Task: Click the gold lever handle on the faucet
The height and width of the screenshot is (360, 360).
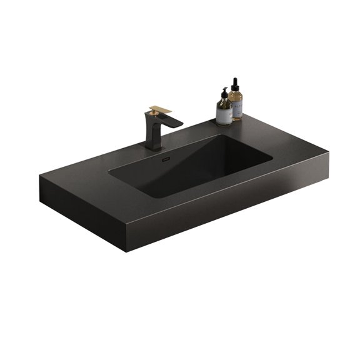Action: point(160,110)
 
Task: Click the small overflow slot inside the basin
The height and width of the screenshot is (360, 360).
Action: point(165,159)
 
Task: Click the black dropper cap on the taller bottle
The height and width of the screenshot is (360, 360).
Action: point(236,82)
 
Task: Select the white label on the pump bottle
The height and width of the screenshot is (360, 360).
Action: point(224,114)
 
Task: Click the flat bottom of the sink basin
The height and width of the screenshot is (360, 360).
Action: point(187,175)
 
